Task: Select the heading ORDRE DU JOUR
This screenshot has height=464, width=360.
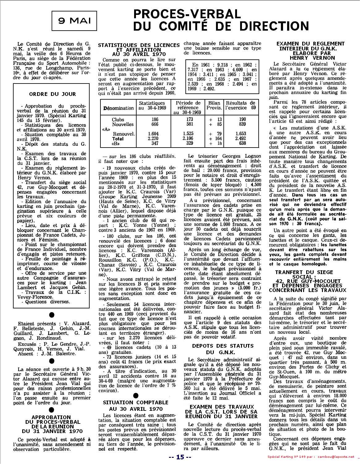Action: (x=52, y=94)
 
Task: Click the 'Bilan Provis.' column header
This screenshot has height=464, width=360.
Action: (x=214, y=105)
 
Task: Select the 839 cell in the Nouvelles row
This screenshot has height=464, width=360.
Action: (x=242, y=124)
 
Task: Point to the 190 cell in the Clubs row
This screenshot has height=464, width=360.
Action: (x=242, y=119)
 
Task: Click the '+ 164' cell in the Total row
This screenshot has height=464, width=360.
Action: (x=214, y=139)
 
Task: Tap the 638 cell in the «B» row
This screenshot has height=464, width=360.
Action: (x=242, y=143)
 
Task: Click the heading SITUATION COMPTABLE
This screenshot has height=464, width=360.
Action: (x=136, y=402)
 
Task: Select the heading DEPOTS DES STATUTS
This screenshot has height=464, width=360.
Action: (x=222, y=346)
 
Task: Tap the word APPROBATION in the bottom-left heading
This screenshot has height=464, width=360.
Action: (x=51, y=417)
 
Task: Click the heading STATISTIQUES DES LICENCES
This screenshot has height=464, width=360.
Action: (x=139, y=45)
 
